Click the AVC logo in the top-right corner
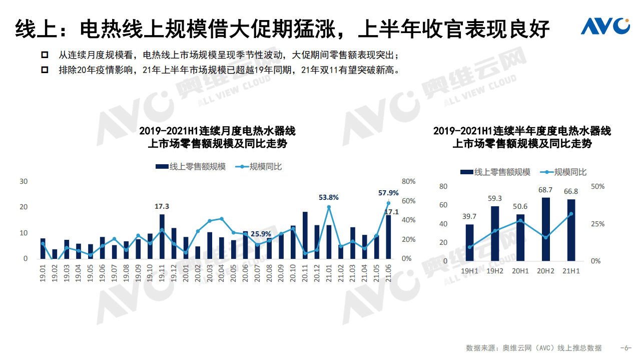(x=605, y=26)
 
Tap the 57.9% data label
(x=388, y=193)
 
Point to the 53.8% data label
(x=329, y=197)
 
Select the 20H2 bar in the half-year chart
(x=545, y=229)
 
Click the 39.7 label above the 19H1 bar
(x=469, y=216)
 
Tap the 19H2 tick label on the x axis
(x=495, y=271)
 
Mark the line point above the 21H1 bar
(x=571, y=214)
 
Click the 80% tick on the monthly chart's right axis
(x=408, y=181)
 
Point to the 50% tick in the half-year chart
(x=598, y=186)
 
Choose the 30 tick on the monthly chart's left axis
(x=24, y=181)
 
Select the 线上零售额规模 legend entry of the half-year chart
(x=495, y=172)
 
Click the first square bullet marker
(x=46, y=55)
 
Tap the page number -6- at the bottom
(x=625, y=348)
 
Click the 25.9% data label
(x=261, y=234)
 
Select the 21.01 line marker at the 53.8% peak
(x=329, y=207)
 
